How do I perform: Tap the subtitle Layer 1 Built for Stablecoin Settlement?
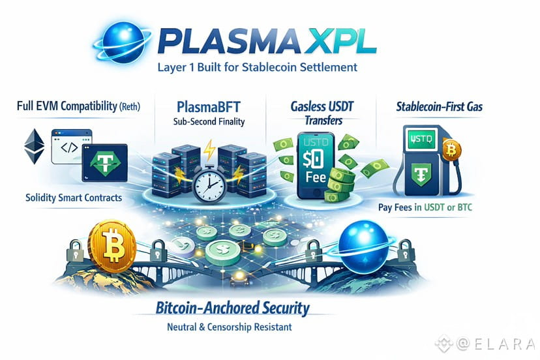click(x=258, y=67)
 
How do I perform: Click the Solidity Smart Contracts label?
click(x=74, y=196)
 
